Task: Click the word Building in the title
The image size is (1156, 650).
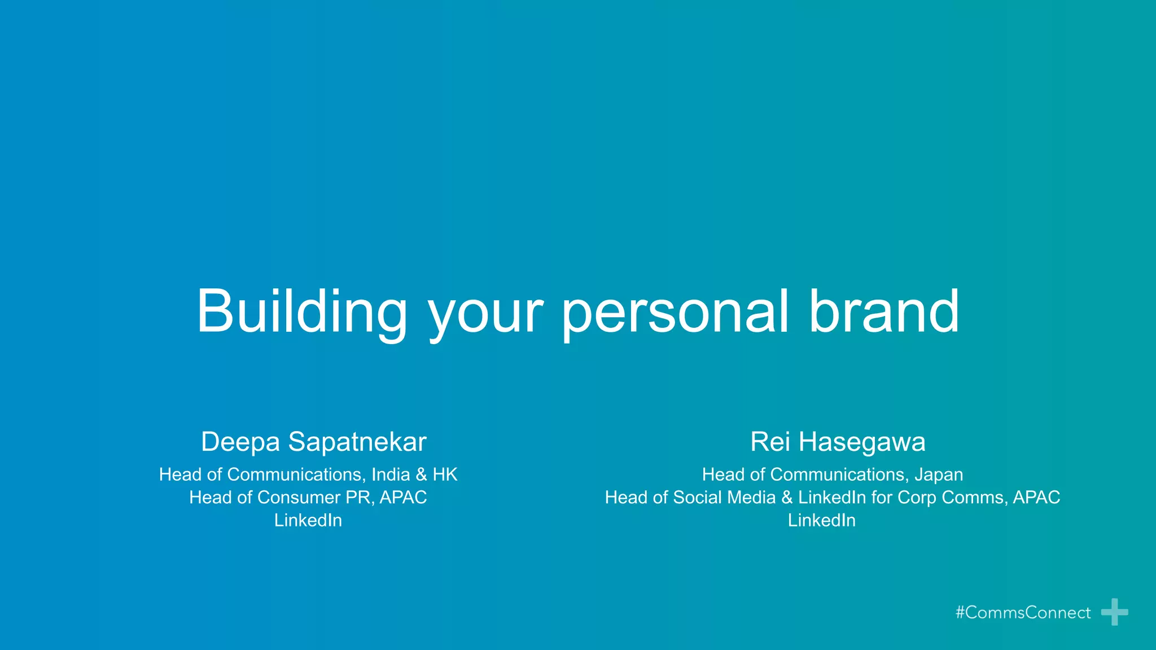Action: click(301, 312)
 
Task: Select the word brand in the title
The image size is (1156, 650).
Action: click(884, 312)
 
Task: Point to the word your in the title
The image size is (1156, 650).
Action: click(485, 316)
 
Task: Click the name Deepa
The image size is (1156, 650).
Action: click(240, 442)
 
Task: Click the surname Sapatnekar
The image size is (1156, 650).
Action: click(357, 442)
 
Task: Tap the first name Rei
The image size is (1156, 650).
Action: click(770, 442)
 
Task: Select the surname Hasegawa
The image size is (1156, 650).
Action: click(862, 442)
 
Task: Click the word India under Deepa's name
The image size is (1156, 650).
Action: click(391, 475)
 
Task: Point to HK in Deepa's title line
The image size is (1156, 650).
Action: click(445, 475)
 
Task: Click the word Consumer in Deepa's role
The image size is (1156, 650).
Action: click(299, 498)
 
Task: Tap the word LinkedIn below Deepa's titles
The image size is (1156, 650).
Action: click(308, 520)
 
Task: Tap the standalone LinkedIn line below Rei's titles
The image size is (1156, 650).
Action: click(821, 520)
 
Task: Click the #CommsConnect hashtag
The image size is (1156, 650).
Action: click(1023, 613)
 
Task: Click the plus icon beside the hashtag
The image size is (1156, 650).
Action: click(1114, 612)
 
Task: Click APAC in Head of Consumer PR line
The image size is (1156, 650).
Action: click(403, 498)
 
